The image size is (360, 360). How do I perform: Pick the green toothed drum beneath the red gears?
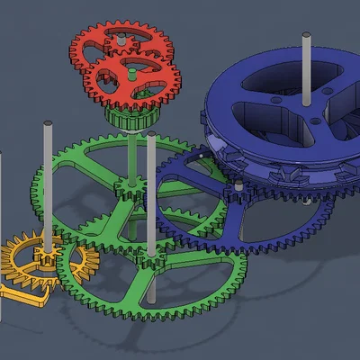[133, 117]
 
